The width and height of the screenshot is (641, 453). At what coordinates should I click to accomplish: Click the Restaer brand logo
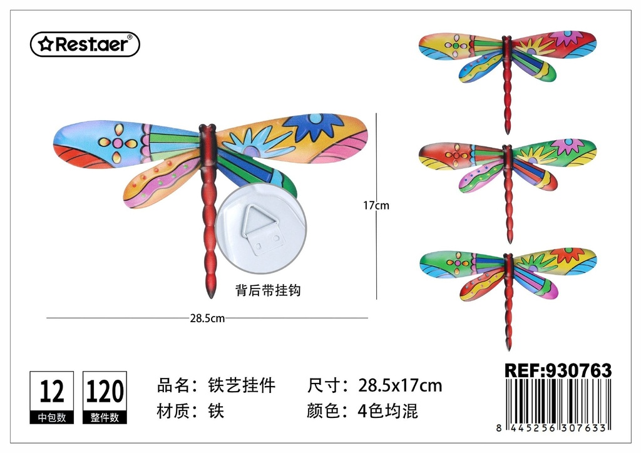(x=85, y=44)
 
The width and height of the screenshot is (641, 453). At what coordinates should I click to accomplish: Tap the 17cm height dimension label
(x=376, y=205)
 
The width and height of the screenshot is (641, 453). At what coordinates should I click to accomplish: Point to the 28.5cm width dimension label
(x=207, y=318)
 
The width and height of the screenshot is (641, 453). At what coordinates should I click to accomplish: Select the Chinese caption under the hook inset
(x=268, y=290)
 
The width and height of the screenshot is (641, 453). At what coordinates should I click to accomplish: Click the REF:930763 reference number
(x=558, y=370)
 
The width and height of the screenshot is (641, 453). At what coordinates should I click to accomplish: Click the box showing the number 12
(x=52, y=397)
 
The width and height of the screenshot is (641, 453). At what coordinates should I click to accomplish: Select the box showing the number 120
(x=105, y=397)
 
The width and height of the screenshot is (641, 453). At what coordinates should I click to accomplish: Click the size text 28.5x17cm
(x=400, y=385)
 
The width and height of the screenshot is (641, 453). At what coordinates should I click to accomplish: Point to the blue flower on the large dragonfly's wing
(x=315, y=126)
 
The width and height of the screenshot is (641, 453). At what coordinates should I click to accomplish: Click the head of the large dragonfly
(x=207, y=128)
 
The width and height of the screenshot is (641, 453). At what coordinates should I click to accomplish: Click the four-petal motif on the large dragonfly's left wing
(x=117, y=143)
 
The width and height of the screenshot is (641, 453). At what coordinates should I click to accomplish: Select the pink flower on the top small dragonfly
(x=566, y=38)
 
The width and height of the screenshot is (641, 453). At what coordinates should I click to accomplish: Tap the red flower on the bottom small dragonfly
(x=567, y=255)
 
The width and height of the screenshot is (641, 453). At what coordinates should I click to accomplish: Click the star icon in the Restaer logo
(x=45, y=44)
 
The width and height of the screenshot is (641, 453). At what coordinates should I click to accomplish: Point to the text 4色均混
(x=388, y=411)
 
